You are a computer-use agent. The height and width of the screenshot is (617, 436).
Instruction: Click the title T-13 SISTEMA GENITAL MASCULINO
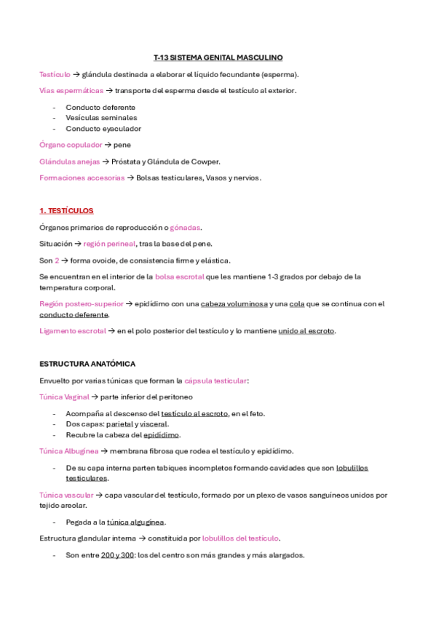(x=218, y=57)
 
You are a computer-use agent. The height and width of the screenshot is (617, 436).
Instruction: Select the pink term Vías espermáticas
(x=71, y=91)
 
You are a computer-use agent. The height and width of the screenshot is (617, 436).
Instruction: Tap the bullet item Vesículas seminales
(x=101, y=118)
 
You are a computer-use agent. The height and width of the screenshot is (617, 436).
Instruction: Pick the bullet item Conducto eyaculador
(x=103, y=129)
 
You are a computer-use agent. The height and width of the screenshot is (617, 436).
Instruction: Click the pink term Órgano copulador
(x=71, y=145)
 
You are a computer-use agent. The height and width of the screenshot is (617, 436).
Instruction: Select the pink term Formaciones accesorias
(x=82, y=178)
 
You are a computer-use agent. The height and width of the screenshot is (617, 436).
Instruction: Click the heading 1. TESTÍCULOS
(x=66, y=211)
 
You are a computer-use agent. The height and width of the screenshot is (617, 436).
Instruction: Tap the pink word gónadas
(x=185, y=228)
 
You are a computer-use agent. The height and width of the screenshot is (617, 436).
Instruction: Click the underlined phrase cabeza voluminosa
(x=234, y=304)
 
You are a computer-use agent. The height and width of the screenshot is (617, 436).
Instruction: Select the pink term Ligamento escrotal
(x=72, y=331)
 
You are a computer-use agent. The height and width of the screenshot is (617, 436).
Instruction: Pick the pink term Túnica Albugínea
(x=68, y=451)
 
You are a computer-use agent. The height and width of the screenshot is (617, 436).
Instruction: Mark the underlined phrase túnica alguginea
(x=136, y=522)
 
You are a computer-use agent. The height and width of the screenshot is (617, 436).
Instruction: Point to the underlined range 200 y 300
(x=118, y=555)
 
